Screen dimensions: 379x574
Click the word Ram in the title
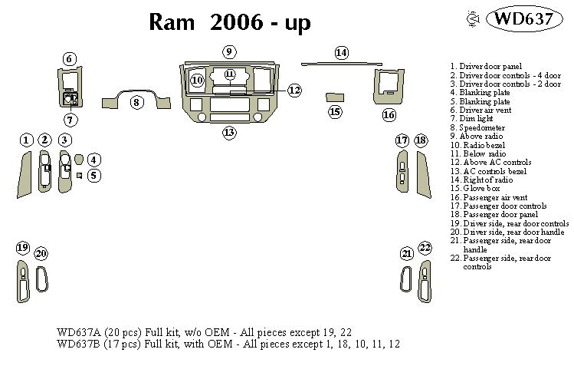(x=174, y=23)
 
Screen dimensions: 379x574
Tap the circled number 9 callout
(x=229, y=51)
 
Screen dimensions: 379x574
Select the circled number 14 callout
(x=341, y=52)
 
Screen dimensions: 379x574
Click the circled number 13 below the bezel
(x=229, y=133)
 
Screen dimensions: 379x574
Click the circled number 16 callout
(x=389, y=115)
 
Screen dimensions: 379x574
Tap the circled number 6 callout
(x=70, y=59)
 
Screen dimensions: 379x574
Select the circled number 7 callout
(x=70, y=120)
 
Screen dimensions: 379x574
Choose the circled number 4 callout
(x=94, y=160)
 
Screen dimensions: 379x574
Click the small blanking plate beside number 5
(x=80, y=176)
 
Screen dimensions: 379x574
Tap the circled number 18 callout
(x=421, y=140)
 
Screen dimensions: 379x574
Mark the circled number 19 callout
(x=22, y=247)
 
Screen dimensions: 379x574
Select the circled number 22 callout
(x=425, y=247)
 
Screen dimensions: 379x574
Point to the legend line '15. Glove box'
(x=475, y=188)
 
